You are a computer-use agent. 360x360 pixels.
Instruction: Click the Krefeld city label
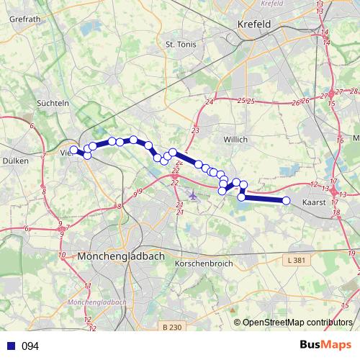pos(253,24)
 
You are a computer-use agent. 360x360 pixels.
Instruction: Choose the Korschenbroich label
pos(203,264)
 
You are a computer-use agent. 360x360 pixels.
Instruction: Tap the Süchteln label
pos(53,103)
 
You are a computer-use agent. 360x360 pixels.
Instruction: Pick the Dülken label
pos(16,161)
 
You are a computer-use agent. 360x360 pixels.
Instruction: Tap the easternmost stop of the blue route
pos(286,201)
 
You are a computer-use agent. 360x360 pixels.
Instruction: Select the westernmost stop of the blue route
pos(73,150)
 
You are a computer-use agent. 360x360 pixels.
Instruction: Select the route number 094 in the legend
pos(30,346)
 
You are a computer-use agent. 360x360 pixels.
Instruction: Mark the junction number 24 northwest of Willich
pos(210,104)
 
